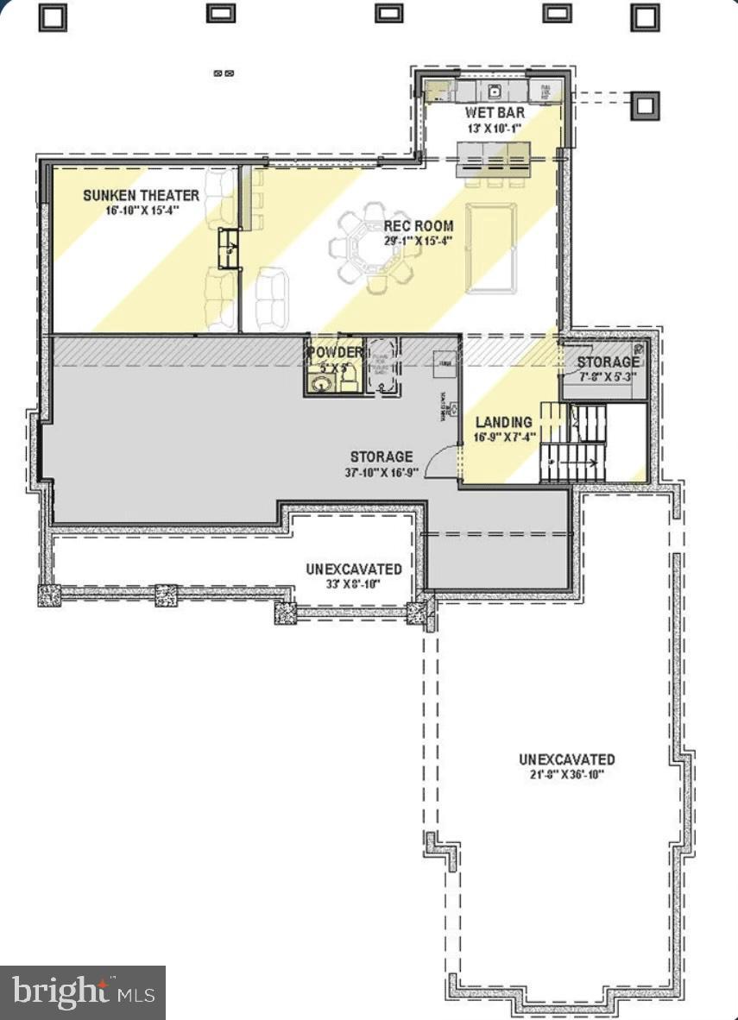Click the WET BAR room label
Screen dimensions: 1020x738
(495, 113)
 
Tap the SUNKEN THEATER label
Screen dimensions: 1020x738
(141, 196)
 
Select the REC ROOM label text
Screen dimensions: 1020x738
(419, 226)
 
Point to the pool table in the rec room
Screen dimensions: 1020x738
(490, 247)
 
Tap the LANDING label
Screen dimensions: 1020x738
(503, 422)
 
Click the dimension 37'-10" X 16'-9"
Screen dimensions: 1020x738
(382, 472)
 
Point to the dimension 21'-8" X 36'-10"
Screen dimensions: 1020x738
(566, 774)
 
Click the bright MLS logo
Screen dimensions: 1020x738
(83, 992)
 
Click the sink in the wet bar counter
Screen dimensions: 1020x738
(495, 90)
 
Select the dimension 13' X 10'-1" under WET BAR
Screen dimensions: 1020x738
(495, 129)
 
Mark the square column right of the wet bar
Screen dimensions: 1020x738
(644, 105)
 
